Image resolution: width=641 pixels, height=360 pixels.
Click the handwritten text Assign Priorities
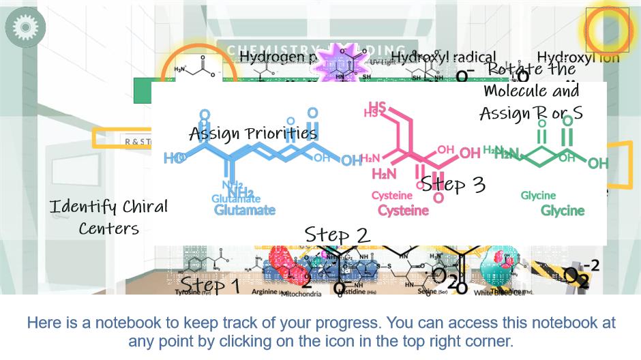point(253,132)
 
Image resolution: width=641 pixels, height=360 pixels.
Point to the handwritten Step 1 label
point(210,284)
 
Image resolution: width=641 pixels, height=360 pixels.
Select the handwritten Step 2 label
point(337,235)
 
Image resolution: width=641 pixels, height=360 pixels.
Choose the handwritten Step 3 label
point(453,184)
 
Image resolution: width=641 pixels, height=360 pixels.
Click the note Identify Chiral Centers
point(109,217)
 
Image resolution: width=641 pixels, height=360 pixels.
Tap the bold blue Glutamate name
point(245,210)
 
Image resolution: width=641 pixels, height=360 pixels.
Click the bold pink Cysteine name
point(404,210)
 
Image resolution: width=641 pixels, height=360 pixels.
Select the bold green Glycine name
point(563,210)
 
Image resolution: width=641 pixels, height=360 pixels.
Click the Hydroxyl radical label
point(444,57)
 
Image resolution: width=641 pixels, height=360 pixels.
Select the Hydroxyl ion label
point(578,57)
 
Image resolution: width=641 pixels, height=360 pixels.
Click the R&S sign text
point(138,141)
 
